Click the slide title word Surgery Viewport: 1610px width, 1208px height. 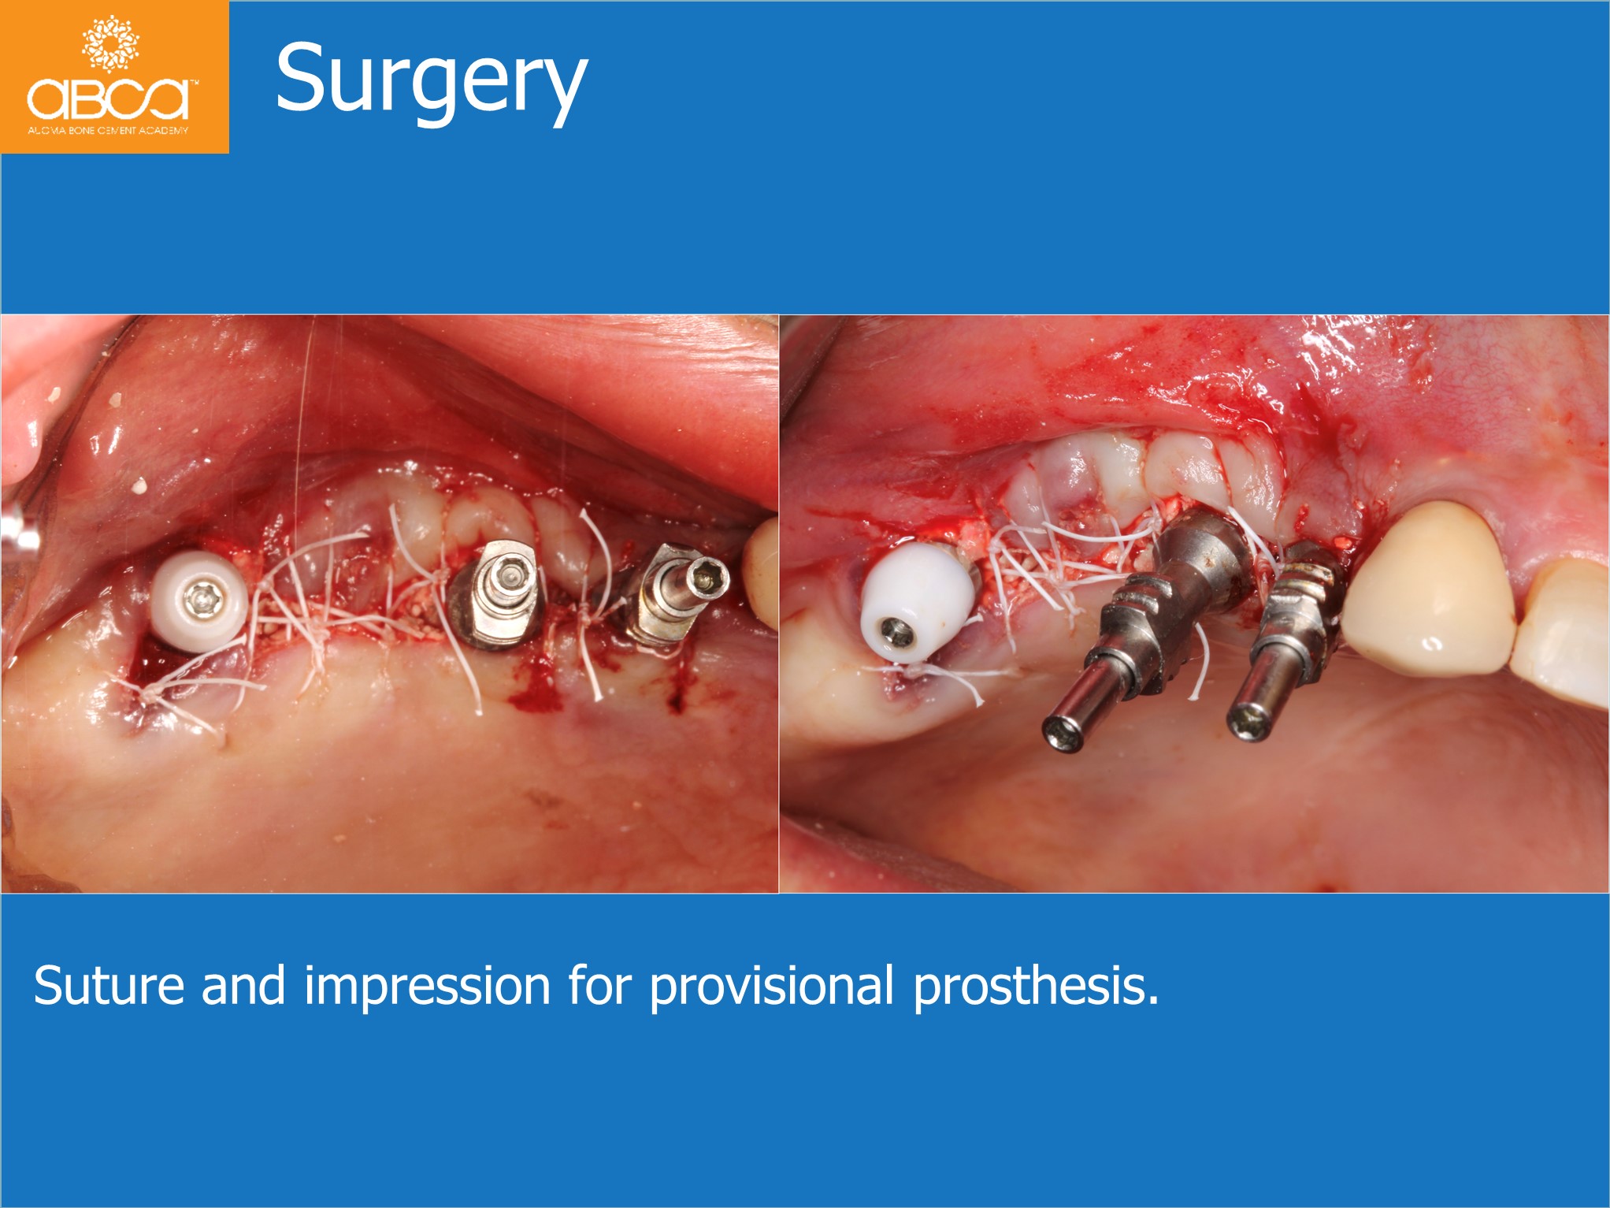point(431,82)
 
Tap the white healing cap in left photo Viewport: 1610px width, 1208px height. point(198,601)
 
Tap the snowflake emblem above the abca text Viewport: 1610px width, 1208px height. point(110,43)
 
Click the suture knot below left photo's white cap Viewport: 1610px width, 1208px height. point(147,694)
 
